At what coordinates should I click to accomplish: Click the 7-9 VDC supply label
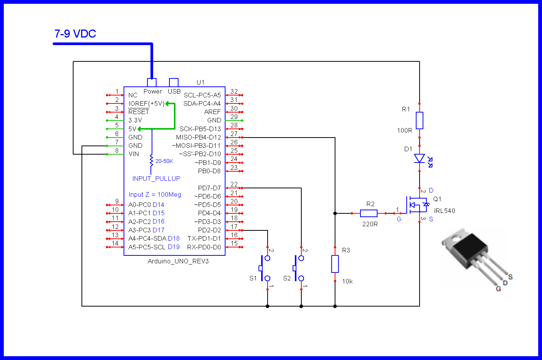pos(75,34)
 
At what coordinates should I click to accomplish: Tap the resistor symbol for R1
pos(419,120)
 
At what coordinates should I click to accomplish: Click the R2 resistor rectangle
pos(368,213)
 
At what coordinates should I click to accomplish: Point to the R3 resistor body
pos(335,264)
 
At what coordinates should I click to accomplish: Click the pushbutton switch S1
pos(264,268)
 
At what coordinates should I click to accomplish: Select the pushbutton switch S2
pos(298,268)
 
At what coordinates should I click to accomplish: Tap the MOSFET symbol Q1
pos(417,205)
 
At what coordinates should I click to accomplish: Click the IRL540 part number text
pos(445,211)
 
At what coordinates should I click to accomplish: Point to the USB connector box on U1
pos(174,82)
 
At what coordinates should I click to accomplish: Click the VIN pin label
pos(133,154)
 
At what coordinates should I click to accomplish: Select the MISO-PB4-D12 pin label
pos(198,137)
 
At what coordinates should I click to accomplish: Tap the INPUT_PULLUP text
pos(156,178)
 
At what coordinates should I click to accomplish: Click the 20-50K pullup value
pos(164,161)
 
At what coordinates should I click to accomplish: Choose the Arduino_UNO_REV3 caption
pos(178,261)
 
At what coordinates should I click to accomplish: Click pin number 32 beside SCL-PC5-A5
pos(234,91)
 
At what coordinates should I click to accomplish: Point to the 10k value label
pos(347,282)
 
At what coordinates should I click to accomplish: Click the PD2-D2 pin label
pos(209,230)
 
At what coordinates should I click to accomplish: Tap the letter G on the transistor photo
pos(498,289)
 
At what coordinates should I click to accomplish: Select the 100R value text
pos(404,131)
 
